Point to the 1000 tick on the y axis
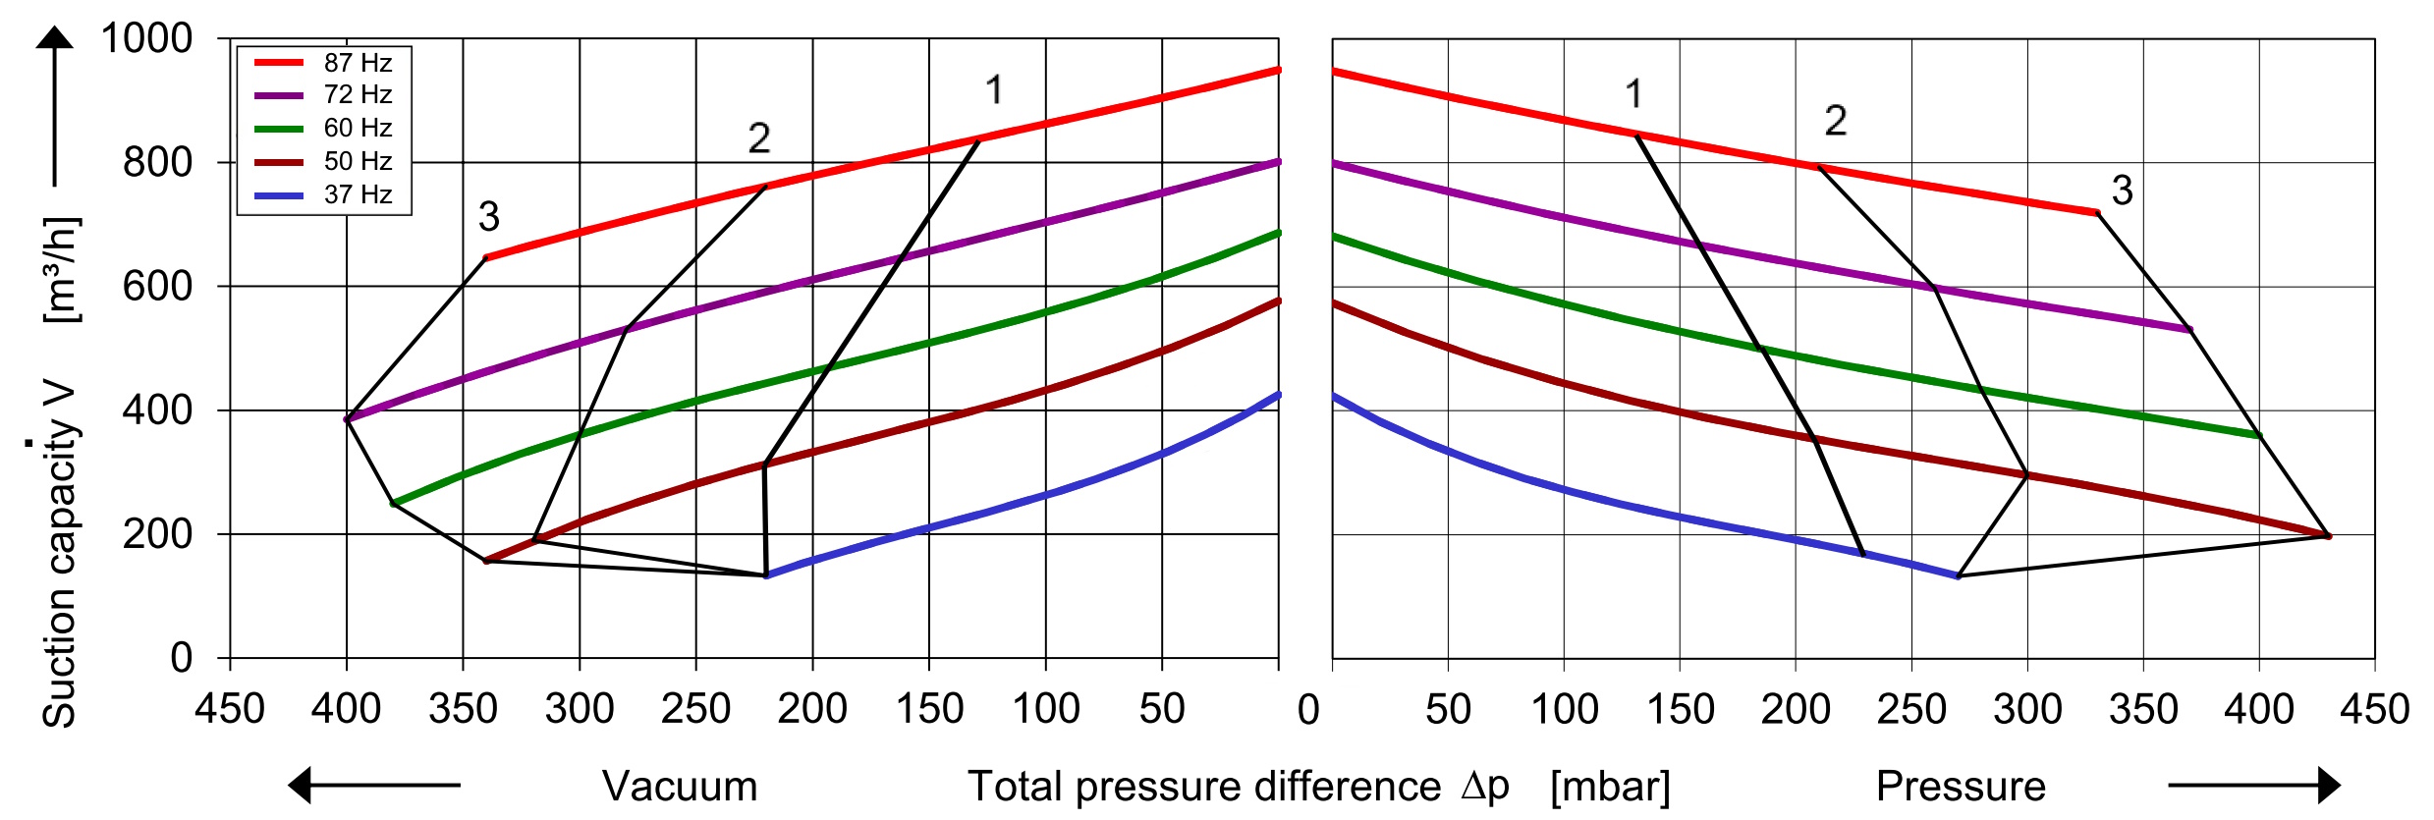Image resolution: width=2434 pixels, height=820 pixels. pyautogui.click(x=146, y=38)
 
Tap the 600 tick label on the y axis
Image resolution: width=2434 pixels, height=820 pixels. pyautogui.click(x=157, y=286)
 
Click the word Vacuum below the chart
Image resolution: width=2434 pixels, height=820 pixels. pyautogui.click(x=680, y=786)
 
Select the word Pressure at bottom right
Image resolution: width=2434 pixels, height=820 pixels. pyautogui.click(x=1961, y=786)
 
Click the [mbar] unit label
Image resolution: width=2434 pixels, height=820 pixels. pyautogui.click(x=1610, y=787)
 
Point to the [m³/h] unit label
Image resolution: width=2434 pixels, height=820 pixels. pyautogui.click(x=61, y=270)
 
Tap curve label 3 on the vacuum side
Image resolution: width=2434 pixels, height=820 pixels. pyautogui.click(x=489, y=216)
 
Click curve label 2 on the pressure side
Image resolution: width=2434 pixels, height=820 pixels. pyautogui.click(x=1836, y=121)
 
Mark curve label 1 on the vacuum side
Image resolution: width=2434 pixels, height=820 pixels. pyautogui.click(x=994, y=90)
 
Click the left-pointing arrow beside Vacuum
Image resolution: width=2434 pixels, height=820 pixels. pyautogui.click(x=373, y=785)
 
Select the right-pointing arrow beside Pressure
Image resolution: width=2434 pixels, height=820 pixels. pyautogui.click(x=2254, y=785)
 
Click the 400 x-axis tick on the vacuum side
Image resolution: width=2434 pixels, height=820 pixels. pyautogui.click(x=346, y=708)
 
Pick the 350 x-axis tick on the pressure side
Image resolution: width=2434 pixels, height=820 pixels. pyautogui.click(x=2143, y=708)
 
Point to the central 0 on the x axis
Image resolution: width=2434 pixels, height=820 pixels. pyautogui.click(x=1307, y=709)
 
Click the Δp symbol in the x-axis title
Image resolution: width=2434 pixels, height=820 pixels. pyautogui.click(x=1484, y=786)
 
